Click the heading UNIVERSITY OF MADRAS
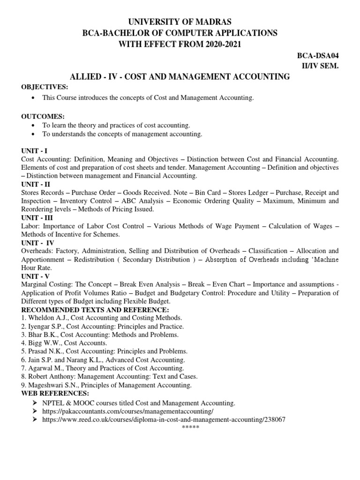pyautogui.click(x=180, y=22)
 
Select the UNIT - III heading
pyautogui.click(x=38, y=218)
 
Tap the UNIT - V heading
pyautogui.click(x=37, y=277)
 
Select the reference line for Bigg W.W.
pyautogui.click(x=64, y=343)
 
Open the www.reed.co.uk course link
pyautogui.click(x=164, y=420)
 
